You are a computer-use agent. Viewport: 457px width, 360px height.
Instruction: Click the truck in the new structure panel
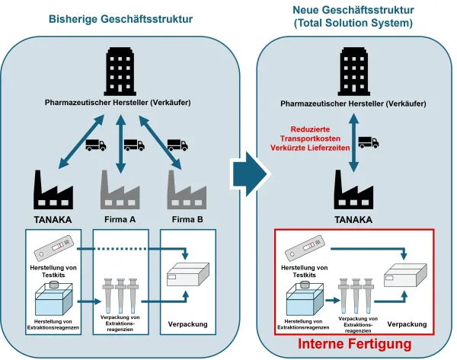pyautogui.click(x=367, y=142)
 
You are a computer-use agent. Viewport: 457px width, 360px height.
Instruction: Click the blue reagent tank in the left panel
pyautogui.click(x=50, y=298)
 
